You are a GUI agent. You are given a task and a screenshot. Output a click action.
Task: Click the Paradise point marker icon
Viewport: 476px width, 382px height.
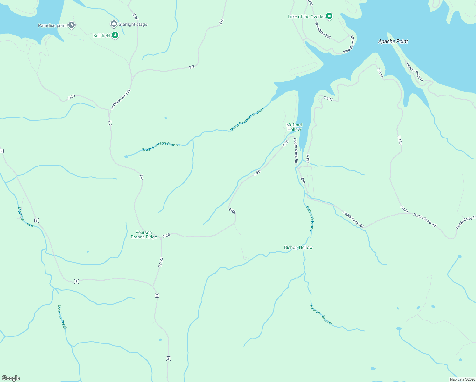(72, 25)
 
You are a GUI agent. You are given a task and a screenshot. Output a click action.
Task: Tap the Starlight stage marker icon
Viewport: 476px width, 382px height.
(114, 24)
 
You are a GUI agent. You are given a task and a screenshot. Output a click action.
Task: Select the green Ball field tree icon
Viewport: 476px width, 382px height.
(115, 35)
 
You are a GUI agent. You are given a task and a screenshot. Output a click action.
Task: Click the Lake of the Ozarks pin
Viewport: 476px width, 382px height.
(329, 16)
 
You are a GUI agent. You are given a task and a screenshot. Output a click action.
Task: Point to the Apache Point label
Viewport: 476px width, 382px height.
(393, 41)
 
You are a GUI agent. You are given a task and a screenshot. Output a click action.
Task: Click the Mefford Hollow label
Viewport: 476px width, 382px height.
(294, 127)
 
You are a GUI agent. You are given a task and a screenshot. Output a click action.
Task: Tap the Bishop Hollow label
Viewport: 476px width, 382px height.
(298, 247)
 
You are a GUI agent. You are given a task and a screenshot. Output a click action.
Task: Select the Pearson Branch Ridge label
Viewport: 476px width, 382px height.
(144, 235)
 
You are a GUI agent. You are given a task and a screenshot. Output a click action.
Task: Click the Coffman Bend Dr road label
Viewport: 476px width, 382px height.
(120, 99)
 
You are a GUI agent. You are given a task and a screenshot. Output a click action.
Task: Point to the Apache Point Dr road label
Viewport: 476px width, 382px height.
(415, 72)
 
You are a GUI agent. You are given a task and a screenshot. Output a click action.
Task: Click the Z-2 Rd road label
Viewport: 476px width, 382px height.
(161, 262)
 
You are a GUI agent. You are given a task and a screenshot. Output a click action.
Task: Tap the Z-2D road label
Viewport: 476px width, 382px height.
(72, 97)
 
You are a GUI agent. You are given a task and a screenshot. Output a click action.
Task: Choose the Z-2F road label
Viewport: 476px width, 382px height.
(135, 17)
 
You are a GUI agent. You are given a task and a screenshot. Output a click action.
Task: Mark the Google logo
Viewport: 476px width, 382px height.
(11, 378)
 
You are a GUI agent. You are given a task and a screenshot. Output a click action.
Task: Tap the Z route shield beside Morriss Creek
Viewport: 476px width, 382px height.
(37, 220)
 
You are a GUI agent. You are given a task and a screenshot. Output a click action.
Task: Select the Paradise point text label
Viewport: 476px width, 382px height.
(52, 25)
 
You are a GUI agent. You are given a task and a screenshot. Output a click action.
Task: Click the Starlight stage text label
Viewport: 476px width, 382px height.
(133, 24)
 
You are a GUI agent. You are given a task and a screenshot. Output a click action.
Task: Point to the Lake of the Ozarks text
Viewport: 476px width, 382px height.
(306, 17)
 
